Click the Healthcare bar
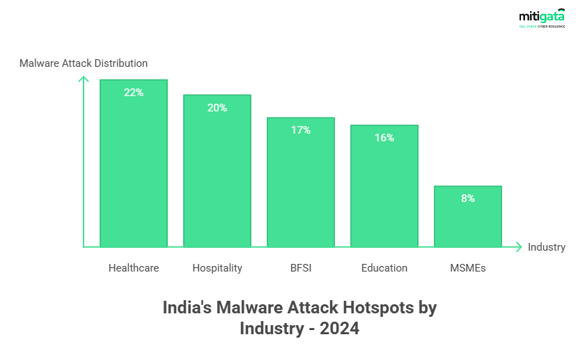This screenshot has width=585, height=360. (x=134, y=167)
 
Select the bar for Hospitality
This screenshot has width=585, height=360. (x=217, y=174)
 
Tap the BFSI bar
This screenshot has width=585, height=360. (x=301, y=185)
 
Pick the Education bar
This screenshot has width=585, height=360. (x=384, y=188)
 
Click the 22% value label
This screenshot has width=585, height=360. (x=134, y=93)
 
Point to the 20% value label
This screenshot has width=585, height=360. (x=217, y=108)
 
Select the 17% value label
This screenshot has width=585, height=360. (x=301, y=130)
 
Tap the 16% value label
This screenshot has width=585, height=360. (x=384, y=138)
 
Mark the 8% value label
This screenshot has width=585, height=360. (x=468, y=198)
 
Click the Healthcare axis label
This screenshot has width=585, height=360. (x=134, y=268)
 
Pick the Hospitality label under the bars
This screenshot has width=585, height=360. (x=217, y=268)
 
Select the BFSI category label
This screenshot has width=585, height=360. (x=301, y=268)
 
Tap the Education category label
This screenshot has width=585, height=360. (x=384, y=268)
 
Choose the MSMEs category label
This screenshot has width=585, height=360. (x=468, y=268)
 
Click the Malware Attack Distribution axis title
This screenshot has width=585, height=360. (x=84, y=63)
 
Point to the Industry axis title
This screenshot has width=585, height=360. (x=547, y=247)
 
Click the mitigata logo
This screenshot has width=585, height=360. (x=541, y=18)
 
